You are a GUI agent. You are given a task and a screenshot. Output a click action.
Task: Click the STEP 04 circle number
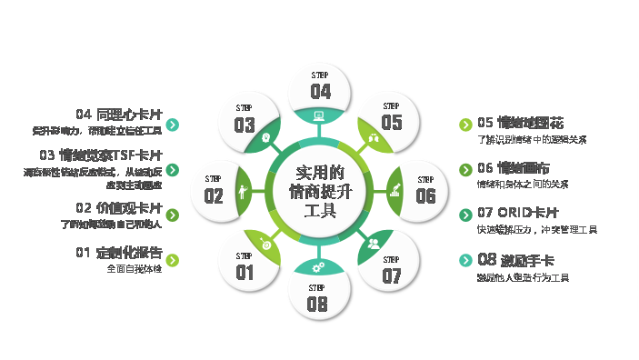(x=320, y=91)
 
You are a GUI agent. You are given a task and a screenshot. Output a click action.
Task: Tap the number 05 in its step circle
(x=392, y=122)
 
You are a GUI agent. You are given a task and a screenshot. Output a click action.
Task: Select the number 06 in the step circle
(x=425, y=195)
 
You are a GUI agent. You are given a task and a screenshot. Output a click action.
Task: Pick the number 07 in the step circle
(x=392, y=275)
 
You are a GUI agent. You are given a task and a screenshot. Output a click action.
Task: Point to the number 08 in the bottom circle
(x=317, y=305)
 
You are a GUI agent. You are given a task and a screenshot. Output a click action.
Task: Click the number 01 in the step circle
(x=245, y=272)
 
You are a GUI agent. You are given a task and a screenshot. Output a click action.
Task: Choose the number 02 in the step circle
(x=214, y=195)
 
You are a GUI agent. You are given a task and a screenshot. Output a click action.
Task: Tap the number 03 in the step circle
(x=244, y=125)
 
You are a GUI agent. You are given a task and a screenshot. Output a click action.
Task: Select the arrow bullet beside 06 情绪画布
(x=465, y=169)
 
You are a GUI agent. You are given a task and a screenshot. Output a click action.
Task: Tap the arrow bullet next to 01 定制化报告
(x=173, y=260)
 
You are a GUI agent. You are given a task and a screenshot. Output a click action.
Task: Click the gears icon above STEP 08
(x=318, y=267)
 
